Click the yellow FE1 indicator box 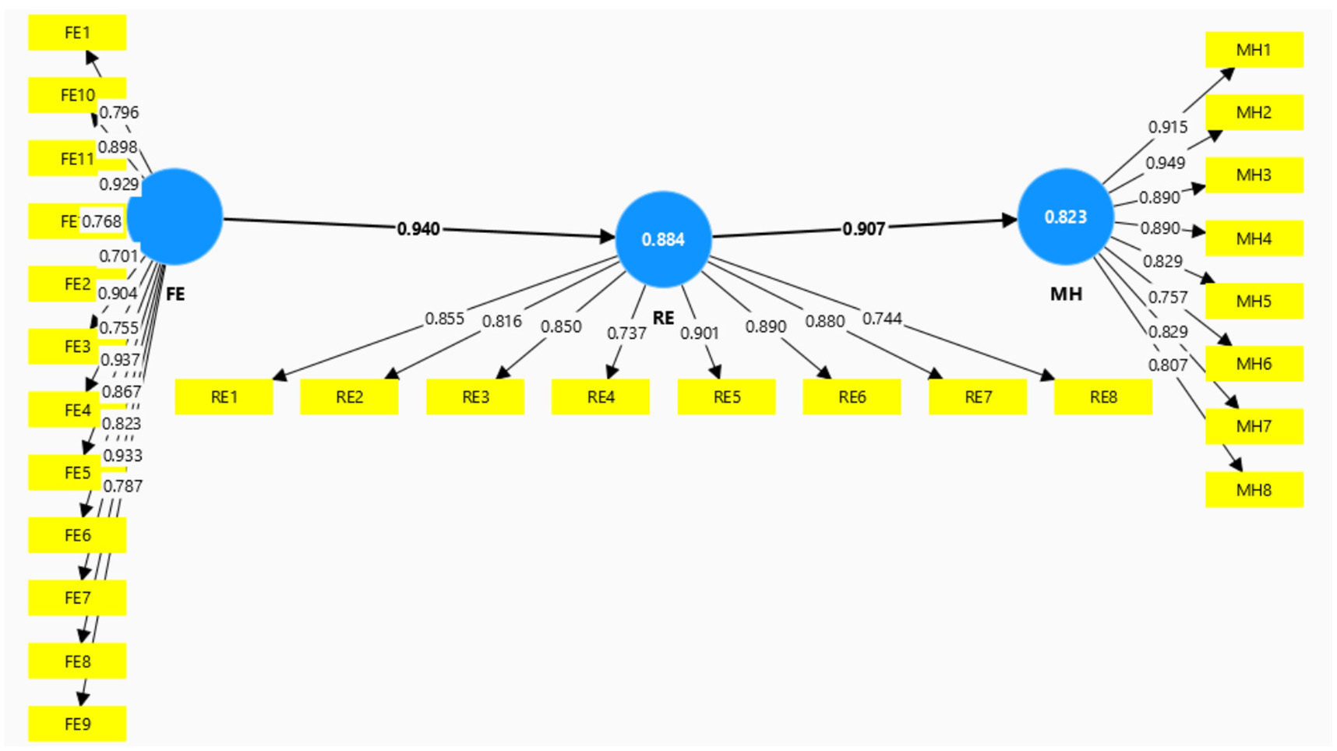click(x=76, y=33)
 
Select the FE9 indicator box click(x=76, y=724)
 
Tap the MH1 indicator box click(x=1253, y=50)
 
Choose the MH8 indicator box click(x=1253, y=490)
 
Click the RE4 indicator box click(x=600, y=397)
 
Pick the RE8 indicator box click(x=1102, y=397)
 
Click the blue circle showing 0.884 click(x=663, y=239)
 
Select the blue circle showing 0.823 click(x=1065, y=217)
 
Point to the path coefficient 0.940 click(x=418, y=229)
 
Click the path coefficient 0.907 click(x=863, y=229)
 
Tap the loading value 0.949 click(x=1165, y=163)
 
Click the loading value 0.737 click(x=626, y=333)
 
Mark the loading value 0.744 click(x=882, y=319)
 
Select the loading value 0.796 click(x=119, y=113)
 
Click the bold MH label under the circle click(x=1066, y=294)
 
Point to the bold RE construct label click(x=663, y=318)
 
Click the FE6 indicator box click(x=76, y=535)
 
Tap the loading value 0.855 click(x=444, y=319)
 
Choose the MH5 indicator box click(x=1253, y=301)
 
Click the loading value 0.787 click(x=122, y=486)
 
